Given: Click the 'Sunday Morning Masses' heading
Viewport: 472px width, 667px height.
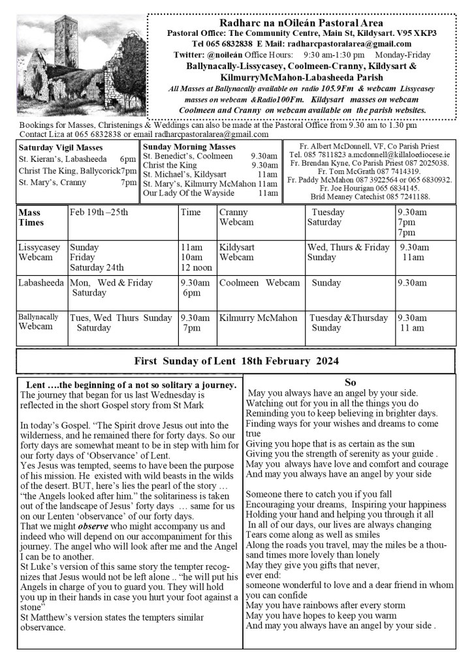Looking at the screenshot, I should click(189, 147).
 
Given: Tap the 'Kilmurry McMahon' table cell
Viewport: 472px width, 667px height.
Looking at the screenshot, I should click(258, 318).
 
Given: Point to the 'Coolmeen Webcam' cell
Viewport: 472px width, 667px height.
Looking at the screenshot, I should click(259, 283).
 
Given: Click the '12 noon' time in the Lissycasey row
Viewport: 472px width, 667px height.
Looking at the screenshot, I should click(195, 267).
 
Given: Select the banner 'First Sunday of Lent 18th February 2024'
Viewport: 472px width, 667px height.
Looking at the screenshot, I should click(236, 361).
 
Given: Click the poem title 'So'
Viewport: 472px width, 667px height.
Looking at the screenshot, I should click(349, 383).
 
